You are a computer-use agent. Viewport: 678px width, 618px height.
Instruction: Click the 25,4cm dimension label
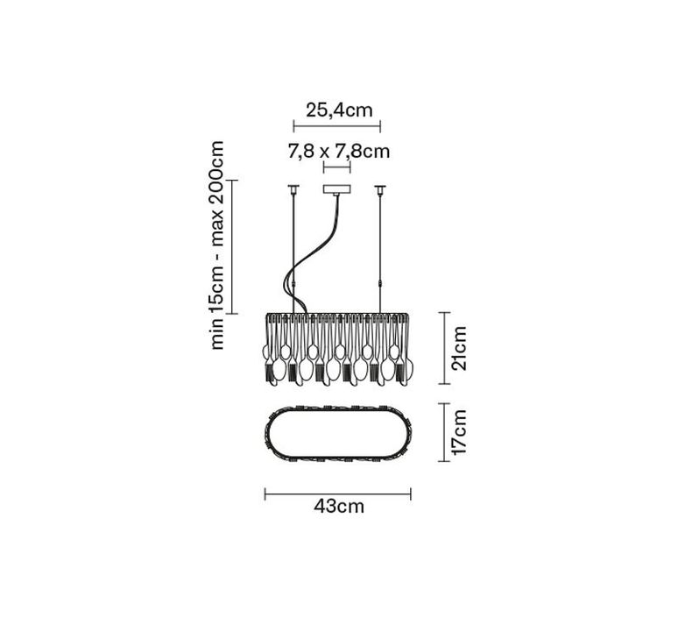click(x=339, y=110)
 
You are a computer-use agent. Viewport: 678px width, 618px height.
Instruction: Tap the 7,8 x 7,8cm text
click(x=339, y=152)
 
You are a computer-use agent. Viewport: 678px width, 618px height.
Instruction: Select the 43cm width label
click(x=339, y=506)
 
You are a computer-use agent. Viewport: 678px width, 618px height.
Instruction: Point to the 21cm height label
click(x=459, y=348)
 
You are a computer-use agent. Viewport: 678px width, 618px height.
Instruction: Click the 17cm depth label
click(x=459, y=432)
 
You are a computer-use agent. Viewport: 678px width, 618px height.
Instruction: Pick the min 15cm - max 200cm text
click(x=216, y=245)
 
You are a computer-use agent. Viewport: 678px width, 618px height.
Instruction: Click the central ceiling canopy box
click(x=337, y=189)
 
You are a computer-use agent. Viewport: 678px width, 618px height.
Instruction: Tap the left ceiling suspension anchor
click(x=293, y=189)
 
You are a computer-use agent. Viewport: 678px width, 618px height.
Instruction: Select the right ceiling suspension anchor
click(x=380, y=189)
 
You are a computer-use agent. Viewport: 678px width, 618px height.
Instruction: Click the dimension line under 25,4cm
click(x=337, y=127)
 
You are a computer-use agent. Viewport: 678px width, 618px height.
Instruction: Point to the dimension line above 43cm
click(x=338, y=494)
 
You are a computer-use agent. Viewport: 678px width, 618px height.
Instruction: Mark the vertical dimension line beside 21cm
click(x=444, y=348)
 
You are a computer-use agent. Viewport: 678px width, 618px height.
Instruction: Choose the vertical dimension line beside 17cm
click(x=444, y=432)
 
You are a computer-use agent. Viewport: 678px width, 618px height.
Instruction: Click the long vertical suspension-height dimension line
click(x=232, y=246)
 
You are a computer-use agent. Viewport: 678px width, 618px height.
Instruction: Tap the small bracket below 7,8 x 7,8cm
click(x=337, y=167)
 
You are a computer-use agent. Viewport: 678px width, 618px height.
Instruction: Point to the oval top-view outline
click(x=265, y=433)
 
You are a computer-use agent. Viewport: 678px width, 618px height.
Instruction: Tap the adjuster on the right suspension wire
click(x=380, y=284)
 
